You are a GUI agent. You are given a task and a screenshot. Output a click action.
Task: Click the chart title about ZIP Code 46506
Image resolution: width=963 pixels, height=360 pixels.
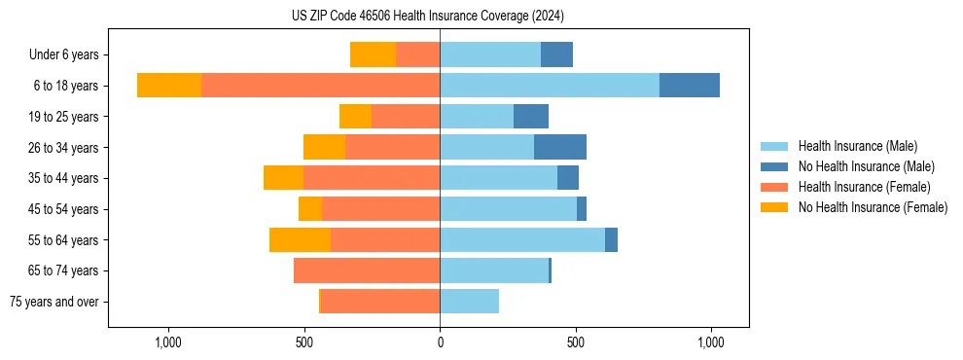coord(427,17)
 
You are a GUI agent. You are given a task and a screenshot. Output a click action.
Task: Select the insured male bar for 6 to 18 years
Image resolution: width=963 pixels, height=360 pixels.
coord(550,86)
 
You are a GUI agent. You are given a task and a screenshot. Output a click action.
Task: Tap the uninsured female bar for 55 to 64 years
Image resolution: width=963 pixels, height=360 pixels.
coord(300,239)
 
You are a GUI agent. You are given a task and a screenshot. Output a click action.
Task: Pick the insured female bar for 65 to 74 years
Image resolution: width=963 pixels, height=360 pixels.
coord(367,270)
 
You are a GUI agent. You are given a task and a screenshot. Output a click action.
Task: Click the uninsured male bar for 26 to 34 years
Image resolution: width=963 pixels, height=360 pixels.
coord(560,147)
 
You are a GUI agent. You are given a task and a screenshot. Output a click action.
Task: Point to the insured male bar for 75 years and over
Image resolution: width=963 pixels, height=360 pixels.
coord(469,302)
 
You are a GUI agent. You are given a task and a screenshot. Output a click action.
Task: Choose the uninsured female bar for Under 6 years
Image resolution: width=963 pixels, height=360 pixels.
coord(373,54)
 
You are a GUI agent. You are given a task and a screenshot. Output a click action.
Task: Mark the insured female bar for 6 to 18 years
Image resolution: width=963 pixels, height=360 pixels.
coord(321,86)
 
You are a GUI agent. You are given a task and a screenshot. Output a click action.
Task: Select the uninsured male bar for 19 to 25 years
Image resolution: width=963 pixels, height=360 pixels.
coord(531,117)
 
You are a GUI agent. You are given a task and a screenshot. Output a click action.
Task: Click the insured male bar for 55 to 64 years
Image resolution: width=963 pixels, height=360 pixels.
coord(522,239)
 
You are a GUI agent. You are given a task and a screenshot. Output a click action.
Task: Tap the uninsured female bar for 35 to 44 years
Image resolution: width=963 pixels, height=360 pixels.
coord(283,178)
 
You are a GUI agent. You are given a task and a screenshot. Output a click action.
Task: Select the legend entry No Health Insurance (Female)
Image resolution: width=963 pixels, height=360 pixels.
coord(873,207)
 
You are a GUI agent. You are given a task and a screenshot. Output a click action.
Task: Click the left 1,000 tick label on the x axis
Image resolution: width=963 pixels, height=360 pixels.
coord(168,342)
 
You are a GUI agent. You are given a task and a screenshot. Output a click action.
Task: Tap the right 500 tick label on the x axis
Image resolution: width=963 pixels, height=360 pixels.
coord(576,342)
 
